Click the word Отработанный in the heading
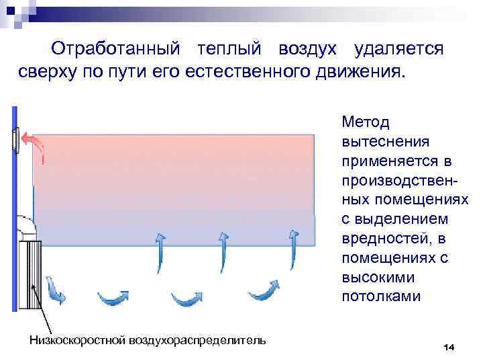click(116, 50)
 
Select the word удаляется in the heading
click(399, 50)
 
